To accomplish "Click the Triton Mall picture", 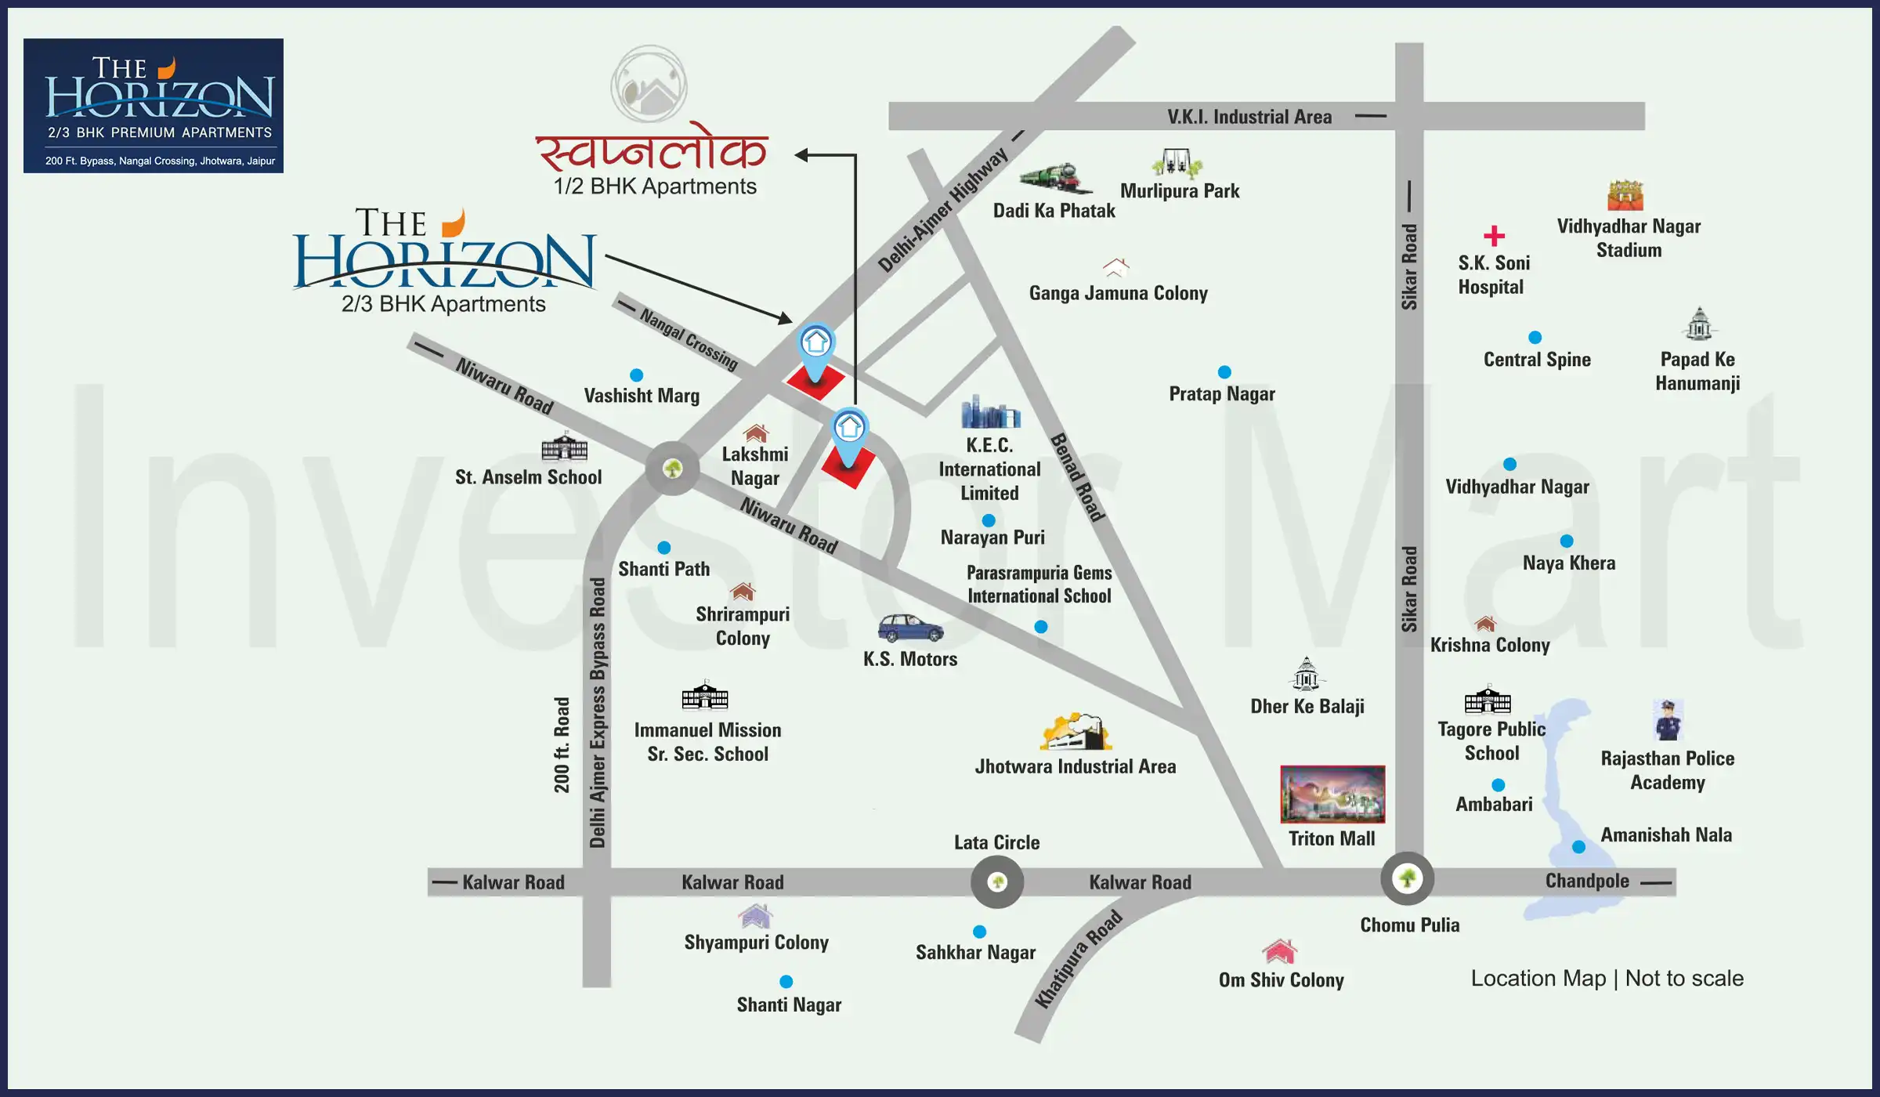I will tap(1332, 794).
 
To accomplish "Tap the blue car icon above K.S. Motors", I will tap(910, 628).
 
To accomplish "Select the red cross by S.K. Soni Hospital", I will tap(1494, 235).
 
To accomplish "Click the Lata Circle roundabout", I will tap(996, 882).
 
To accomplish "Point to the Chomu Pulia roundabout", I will tap(1407, 878).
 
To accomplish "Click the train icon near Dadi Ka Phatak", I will tap(1054, 179).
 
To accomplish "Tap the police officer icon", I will tap(1668, 720).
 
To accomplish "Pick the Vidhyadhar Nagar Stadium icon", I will tap(1625, 195).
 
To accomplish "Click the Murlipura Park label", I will tap(1180, 191).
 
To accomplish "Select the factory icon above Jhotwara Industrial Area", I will tap(1076, 732).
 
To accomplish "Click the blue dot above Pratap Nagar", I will tap(1224, 372).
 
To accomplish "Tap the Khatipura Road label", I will tap(1079, 959).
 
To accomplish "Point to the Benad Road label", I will tap(1077, 477).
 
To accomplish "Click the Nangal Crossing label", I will tap(689, 339).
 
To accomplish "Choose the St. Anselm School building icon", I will tap(564, 447).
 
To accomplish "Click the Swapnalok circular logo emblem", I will tap(649, 85).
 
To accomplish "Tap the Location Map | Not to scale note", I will tap(1607, 979).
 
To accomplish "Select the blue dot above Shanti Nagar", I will tap(786, 982).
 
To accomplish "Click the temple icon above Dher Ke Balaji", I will tap(1306, 674).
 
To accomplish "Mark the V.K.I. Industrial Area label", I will tap(1249, 117).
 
